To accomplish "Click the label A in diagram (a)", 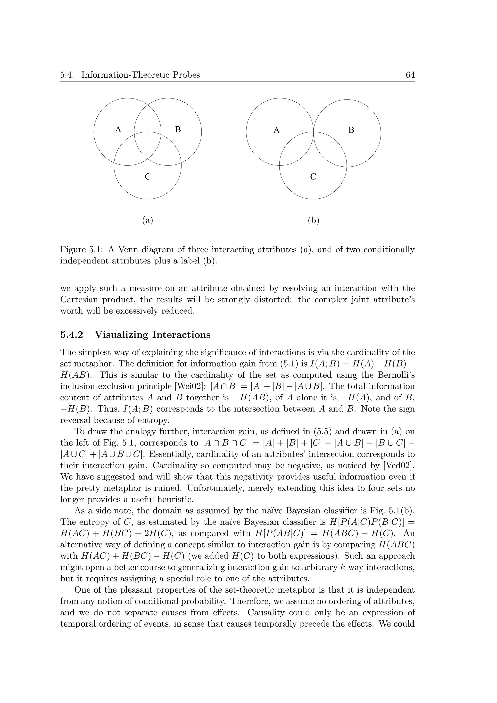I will click(118, 130).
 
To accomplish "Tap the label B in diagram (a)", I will click(178, 130).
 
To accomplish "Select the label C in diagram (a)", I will click(148, 177).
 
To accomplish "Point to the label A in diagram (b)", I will click(276, 131).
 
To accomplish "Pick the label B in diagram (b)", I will click(351, 131).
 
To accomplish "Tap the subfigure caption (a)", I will click(148, 220).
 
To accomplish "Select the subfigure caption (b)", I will click(313, 220).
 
